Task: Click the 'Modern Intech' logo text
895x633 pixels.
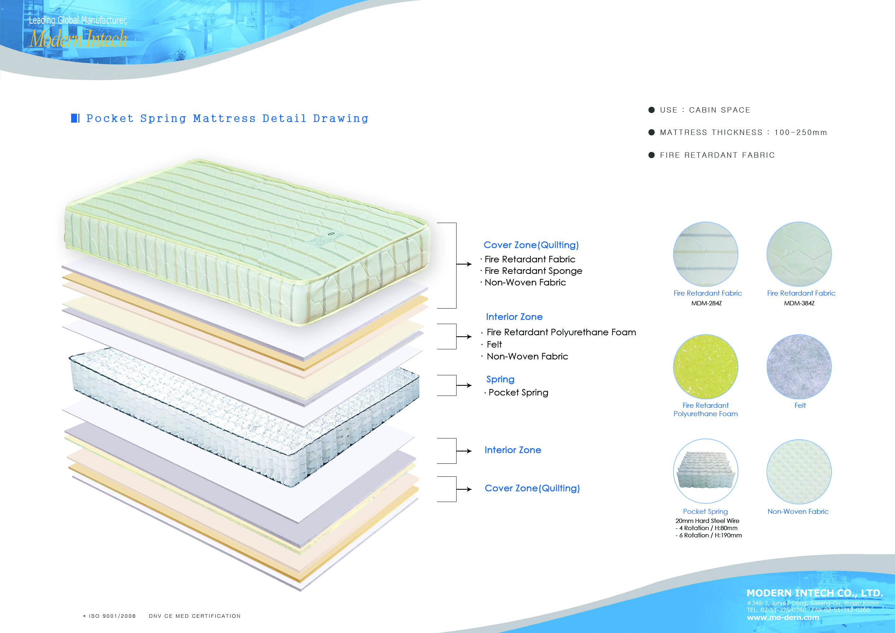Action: pos(78,39)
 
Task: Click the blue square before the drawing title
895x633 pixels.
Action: pos(74,118)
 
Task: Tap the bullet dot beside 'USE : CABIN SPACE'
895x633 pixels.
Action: pos(651,110)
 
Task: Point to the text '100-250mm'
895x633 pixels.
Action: pos(801,132)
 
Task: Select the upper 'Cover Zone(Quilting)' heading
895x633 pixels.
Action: pos(531,245)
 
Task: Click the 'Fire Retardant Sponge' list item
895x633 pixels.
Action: pos(533,271)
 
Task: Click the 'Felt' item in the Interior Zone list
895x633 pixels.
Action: pos(494,345)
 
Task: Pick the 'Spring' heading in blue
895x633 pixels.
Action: pos(500,379)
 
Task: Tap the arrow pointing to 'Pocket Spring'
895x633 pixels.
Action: pos(464,385)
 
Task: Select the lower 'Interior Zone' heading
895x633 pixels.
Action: pos(512,450)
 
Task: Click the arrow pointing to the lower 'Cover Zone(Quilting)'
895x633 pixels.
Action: pos(464,489)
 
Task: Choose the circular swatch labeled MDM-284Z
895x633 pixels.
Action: pos(706,254)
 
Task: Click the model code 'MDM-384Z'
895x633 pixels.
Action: pos(799,303)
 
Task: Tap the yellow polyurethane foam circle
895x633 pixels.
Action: pos(706,366)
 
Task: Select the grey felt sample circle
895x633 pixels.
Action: pos(799,366)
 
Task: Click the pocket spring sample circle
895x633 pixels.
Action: pos(706,471)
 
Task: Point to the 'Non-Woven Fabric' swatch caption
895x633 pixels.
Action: pos(798,511)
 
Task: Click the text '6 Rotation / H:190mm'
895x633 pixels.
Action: pos(711,536)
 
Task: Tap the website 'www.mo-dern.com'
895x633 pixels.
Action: pos(783,617)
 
